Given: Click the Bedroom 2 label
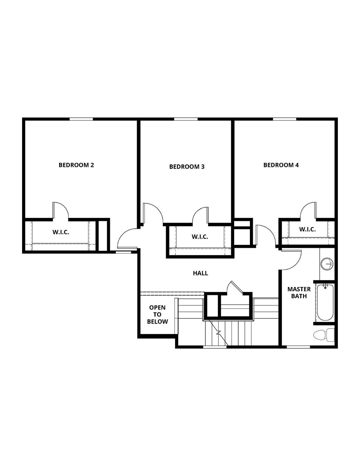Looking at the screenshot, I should pyautogui.click(x=76, y=165).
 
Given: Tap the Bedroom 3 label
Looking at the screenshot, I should pyautogui.click(x=187, y=167).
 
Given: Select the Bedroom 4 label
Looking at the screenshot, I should pyautogui.click(x=281, y=165).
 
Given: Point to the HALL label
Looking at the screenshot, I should pyautogui.click(x=200, y=273).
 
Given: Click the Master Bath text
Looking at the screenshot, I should pyautogui.click(x=299, y=292).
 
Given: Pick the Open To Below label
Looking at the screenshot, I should pyautogui.click(x=157, y=315).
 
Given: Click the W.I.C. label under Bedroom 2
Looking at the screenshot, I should pyautogui.click(x=61, y=232).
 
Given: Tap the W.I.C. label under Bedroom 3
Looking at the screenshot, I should pyautogui.click(x=200, y=237).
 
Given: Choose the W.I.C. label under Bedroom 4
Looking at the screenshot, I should pyautogui.click(x=307, y=229).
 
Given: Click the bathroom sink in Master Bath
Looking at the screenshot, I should pyautogui.click(x=327, y=264).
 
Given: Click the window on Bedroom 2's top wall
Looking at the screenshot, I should pyautogui.click(x=81, y=119).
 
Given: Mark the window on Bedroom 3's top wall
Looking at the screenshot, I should pyautogui.click(x=186, y=119).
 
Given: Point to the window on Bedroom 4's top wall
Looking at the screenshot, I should pyautogui.click(x=284, y=119).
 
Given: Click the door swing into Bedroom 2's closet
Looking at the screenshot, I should pyautogui.click(x=61, y=210).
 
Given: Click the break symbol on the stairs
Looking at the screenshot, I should pyautogui.click(x=218, y=333).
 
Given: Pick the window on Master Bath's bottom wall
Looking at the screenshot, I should pyautogui.click(x=298, y=346).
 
